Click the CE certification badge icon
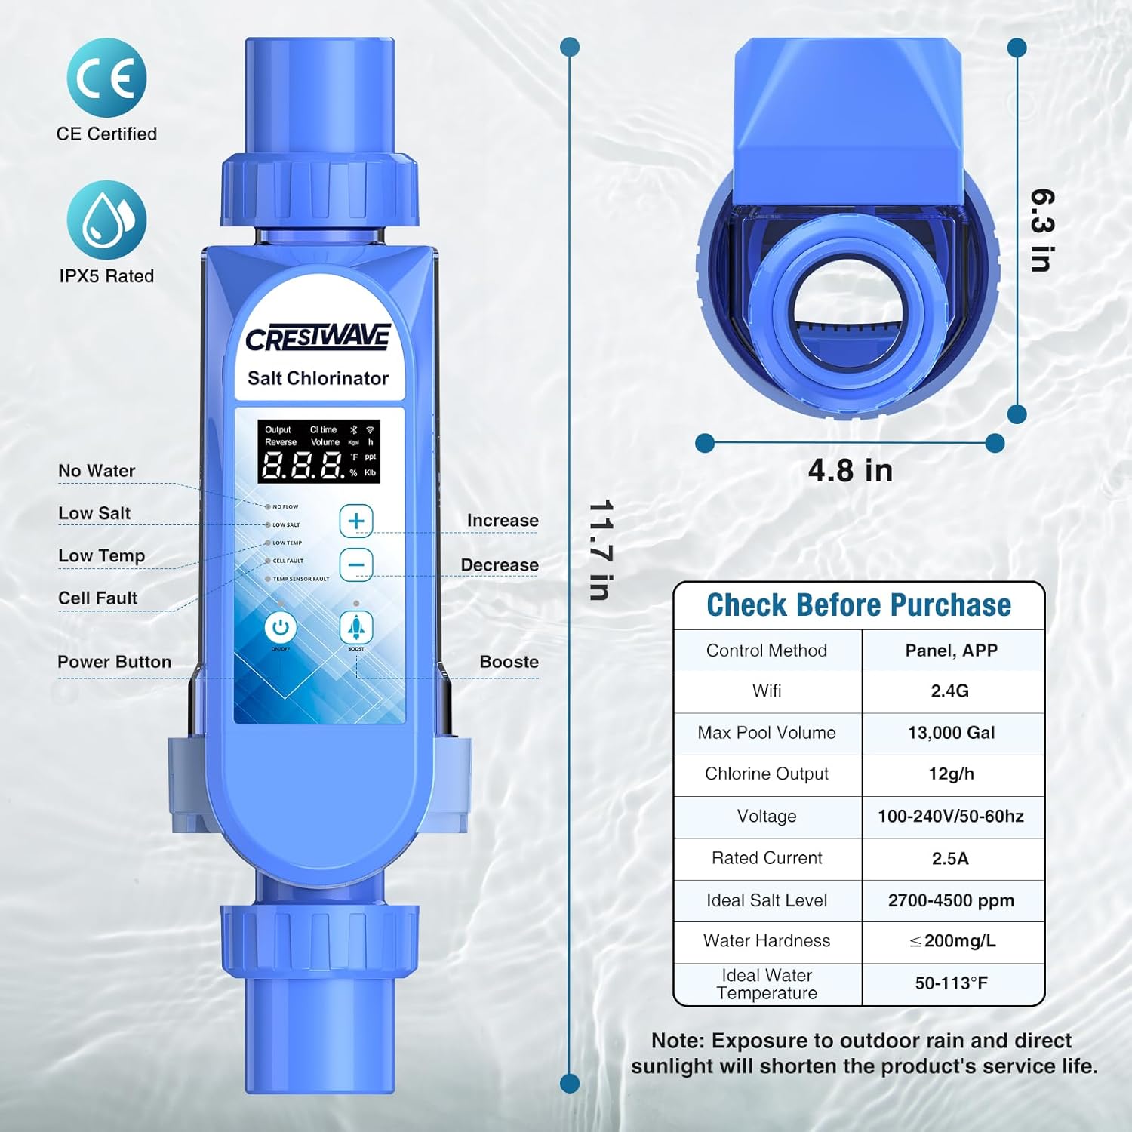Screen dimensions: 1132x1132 click(106, 78)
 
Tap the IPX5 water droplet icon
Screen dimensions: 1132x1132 click(106, 220)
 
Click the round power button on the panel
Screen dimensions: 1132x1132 click(280, 627)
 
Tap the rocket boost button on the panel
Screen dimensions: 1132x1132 click(356, 626)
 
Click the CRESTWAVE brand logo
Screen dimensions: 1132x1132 click(318, 338)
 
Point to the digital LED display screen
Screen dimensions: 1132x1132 click(318, 451)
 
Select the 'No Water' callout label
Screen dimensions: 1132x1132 click(97, 471)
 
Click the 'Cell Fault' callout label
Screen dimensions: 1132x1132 click(97, 598)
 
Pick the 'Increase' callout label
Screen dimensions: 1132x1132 click(503, 521)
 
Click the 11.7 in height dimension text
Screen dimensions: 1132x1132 click(600, 549)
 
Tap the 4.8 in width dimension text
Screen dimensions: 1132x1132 click(851, 471)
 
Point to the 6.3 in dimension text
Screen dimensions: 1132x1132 click(1042, 229)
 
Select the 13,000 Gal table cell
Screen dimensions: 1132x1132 click(951, 733)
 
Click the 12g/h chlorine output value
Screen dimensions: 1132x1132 click(951, 774)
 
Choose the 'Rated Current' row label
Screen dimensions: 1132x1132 click(767, 858)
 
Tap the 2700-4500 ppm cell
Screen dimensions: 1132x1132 click(951, 900)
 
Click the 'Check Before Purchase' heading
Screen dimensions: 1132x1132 click(859, 605)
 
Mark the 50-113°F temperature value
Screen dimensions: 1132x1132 click(951, 983)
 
